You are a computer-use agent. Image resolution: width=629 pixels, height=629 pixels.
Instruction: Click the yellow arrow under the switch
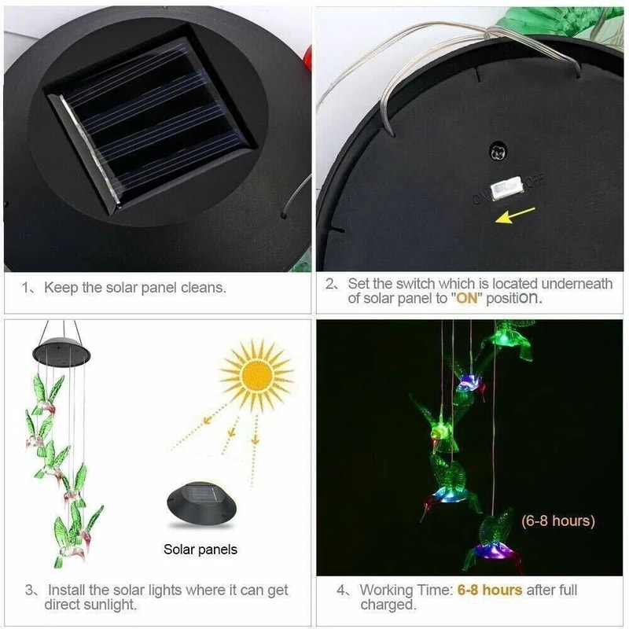point(516,214)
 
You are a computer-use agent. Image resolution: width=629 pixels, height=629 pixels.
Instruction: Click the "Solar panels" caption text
point(200,550)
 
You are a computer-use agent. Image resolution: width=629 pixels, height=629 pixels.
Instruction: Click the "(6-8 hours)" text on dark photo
point(558,520)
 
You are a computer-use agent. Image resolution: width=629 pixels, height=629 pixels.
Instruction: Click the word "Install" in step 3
point(69,590)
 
